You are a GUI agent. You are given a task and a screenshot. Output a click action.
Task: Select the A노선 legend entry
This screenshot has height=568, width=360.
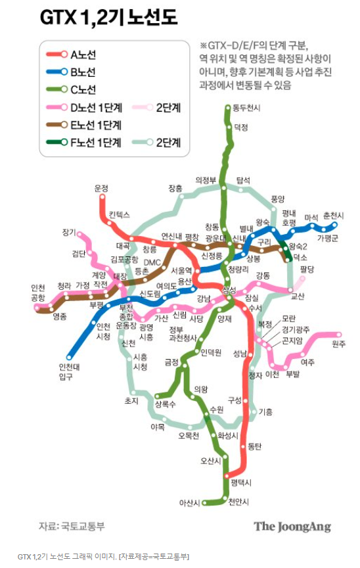point(82,55)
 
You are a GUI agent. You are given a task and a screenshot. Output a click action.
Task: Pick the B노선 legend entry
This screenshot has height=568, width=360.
point(82,72)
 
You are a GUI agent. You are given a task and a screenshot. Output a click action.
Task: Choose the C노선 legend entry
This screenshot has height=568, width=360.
point(82,90)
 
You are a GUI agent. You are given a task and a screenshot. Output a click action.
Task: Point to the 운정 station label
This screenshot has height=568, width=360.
point(101,188)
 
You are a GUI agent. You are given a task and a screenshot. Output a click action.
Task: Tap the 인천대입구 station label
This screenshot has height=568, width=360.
point(69,371)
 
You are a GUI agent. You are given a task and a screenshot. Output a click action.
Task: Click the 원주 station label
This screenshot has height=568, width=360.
point(338,344)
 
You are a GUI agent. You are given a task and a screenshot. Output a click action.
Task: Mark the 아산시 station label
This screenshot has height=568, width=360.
point(190,504)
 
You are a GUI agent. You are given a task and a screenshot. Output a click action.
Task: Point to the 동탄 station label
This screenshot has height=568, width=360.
point(254,446)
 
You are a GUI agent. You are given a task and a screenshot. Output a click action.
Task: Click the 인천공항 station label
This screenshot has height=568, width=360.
point(38,293)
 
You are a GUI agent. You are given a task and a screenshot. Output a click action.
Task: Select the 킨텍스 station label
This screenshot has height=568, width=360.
point(120,214)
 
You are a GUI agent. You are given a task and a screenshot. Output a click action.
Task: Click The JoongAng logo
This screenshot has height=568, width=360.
point(292,527)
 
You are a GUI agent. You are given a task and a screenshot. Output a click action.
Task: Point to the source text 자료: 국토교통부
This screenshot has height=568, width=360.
point(72,527)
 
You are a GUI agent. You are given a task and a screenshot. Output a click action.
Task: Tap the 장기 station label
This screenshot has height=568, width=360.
point(69,232)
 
